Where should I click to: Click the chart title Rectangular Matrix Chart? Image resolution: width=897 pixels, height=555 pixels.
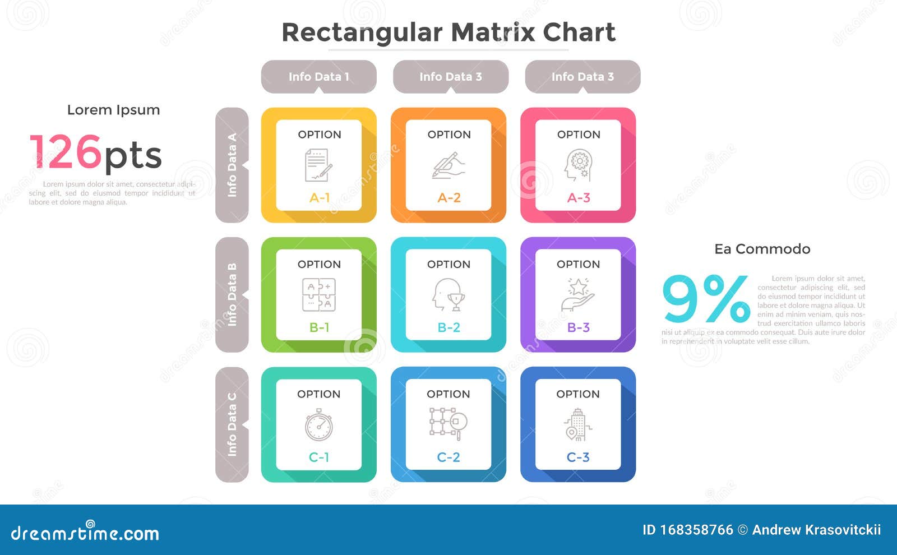coord(448,33)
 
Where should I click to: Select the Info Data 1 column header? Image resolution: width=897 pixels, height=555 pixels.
coord(318,77)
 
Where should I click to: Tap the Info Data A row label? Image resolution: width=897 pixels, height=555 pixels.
coord(232,165)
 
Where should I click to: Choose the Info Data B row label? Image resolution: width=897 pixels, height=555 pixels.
coord(232,294)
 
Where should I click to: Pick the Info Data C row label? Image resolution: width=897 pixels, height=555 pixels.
coord(232,424)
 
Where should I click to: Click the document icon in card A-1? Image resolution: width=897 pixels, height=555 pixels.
coord(318,165)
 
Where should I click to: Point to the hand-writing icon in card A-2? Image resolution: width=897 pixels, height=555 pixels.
coord(449,165)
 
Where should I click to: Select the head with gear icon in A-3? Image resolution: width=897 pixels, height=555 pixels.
coord(578,165)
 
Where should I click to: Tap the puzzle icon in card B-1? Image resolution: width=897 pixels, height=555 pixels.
coord(319,295)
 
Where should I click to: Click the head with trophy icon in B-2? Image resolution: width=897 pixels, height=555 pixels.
coord(449,295)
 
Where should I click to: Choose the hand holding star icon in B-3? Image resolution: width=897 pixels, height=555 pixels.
coord(578,295)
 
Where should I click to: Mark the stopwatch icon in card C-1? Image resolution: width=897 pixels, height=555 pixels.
coord(318,425)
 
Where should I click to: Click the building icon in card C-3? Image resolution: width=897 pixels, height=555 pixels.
coord(577,425)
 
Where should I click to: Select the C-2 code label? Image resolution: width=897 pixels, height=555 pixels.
coord(449,457)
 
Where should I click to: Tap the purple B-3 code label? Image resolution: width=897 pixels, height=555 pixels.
coord(578,327)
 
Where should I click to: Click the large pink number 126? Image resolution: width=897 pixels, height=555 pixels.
coord(66,152)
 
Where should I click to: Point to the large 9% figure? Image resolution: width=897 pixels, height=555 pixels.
coord(706,299)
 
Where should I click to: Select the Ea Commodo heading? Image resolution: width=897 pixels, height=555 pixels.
coord(762,249)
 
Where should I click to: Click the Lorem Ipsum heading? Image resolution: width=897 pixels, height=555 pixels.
coord(113,110)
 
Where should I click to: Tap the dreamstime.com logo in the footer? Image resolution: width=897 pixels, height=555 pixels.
coord(85,533)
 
